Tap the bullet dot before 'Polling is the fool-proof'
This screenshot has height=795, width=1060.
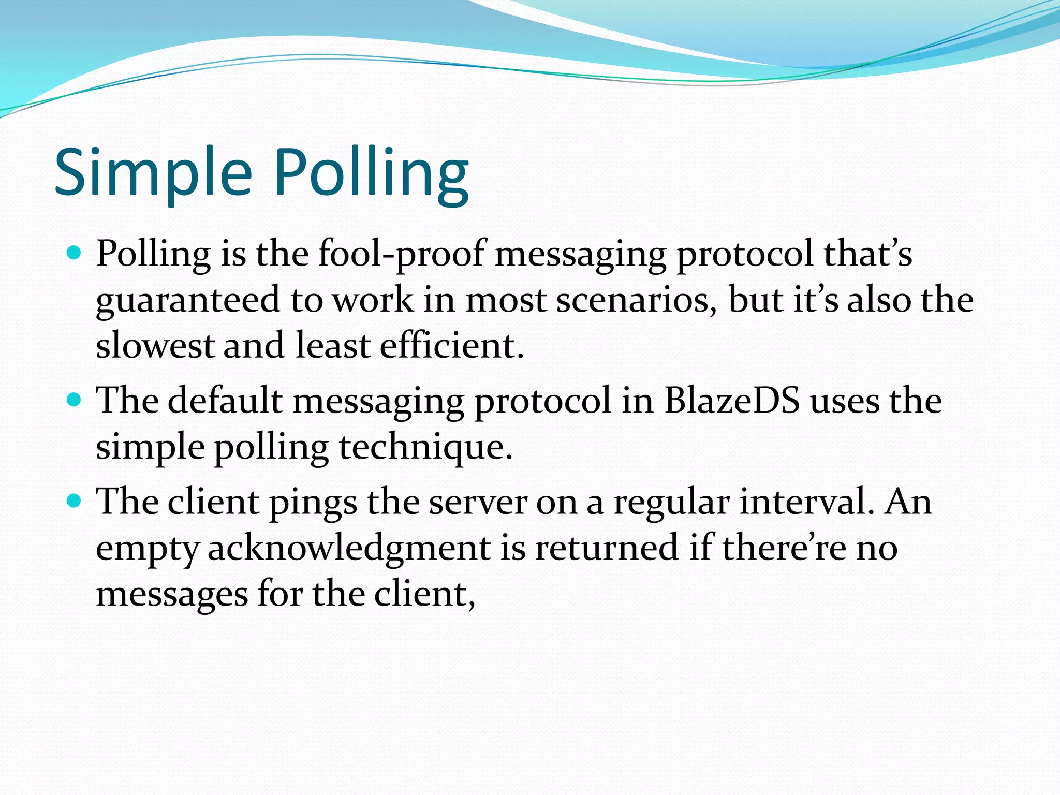(x=75, y=254)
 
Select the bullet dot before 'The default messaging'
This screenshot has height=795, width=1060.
(x=75, y=400)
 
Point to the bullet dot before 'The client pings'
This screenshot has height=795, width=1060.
(x=75, y=501)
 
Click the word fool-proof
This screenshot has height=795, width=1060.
(x=402, y=255)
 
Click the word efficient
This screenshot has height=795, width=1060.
(x=452, y=346)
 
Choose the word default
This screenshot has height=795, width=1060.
(x=225, y=401)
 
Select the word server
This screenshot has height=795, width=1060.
(x=478, y=502)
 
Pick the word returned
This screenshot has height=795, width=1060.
(x=606, y=548)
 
